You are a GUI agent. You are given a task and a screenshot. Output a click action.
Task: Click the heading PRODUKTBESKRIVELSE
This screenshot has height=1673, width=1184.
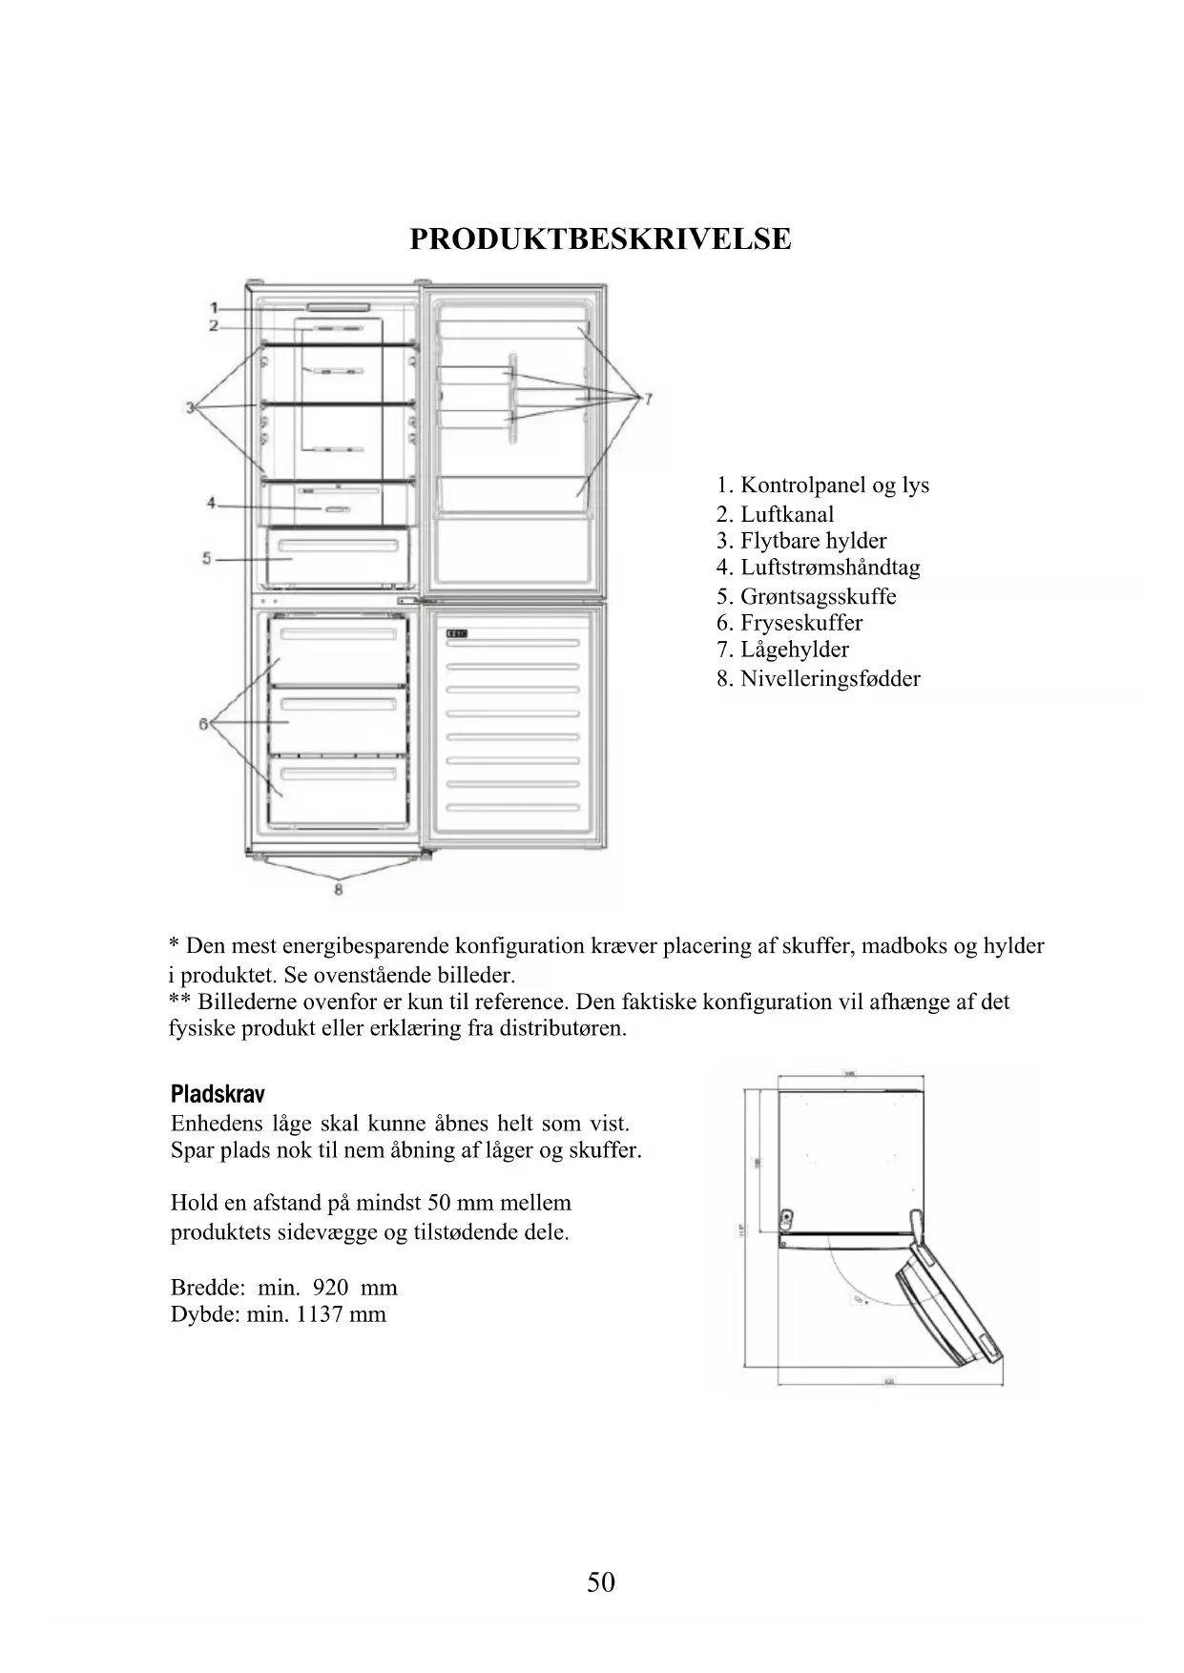(600, 238)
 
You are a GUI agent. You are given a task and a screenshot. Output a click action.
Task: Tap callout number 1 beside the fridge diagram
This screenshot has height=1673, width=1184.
(215, 308)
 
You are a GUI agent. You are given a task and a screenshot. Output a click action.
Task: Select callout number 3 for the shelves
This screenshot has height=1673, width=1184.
(191, 407)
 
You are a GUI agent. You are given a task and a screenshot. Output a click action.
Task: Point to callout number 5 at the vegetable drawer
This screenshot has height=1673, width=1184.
(206, 558)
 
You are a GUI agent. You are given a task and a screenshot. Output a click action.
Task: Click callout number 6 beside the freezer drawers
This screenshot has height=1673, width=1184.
(203, 724)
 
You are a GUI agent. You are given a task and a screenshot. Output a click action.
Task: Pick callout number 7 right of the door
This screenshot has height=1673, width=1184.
(648, 399)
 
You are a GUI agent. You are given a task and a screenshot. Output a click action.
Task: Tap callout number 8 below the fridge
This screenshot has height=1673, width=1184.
(338, 890)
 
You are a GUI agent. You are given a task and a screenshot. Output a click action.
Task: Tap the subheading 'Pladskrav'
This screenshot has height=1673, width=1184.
(218, 1094)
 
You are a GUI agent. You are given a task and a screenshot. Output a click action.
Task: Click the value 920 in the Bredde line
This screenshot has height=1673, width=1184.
(330, 1288)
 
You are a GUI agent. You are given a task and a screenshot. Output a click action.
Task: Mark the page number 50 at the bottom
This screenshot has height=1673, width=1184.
(601, 1582)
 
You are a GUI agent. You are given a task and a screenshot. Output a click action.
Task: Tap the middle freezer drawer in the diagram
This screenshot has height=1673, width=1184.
(339, 720)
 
